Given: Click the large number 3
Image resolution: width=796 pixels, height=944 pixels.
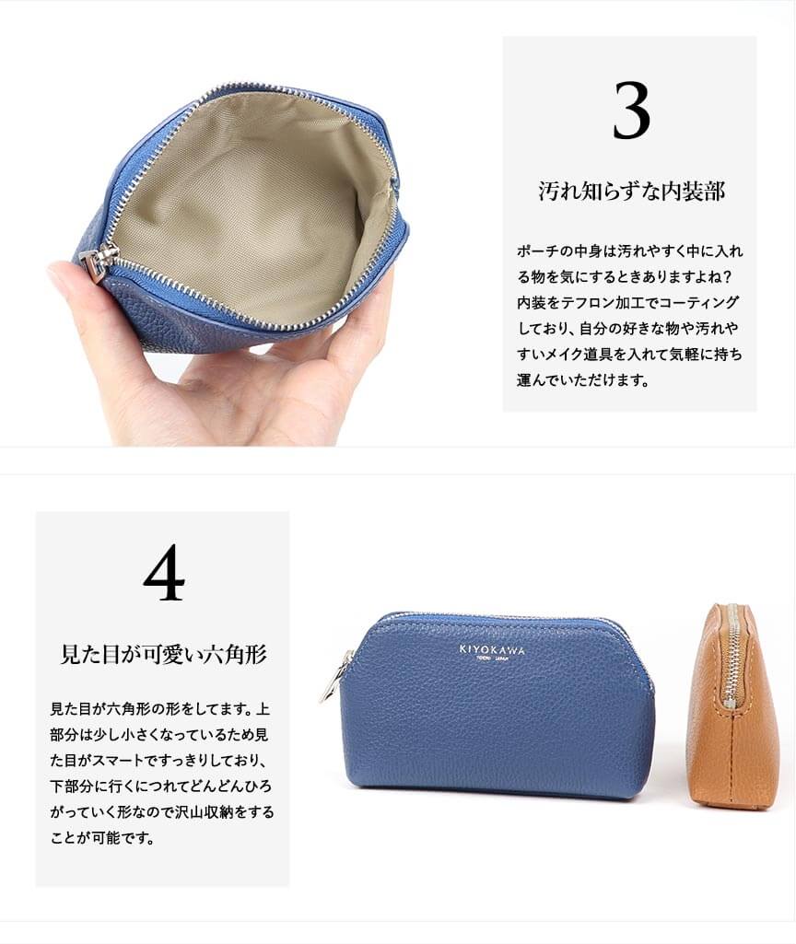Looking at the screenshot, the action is [x=632, y=111].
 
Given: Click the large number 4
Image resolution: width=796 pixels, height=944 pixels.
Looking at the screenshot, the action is [x=164, y=573].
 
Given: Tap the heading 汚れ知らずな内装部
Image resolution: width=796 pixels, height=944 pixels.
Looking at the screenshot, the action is [x=632, y=192].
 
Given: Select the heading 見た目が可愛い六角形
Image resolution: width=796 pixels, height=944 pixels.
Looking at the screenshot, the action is [x=164, y=654].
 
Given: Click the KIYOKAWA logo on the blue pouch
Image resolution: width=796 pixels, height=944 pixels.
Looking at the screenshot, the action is [x=492, y=649].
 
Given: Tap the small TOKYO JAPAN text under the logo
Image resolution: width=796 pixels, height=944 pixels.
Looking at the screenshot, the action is [x=493, y=659].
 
